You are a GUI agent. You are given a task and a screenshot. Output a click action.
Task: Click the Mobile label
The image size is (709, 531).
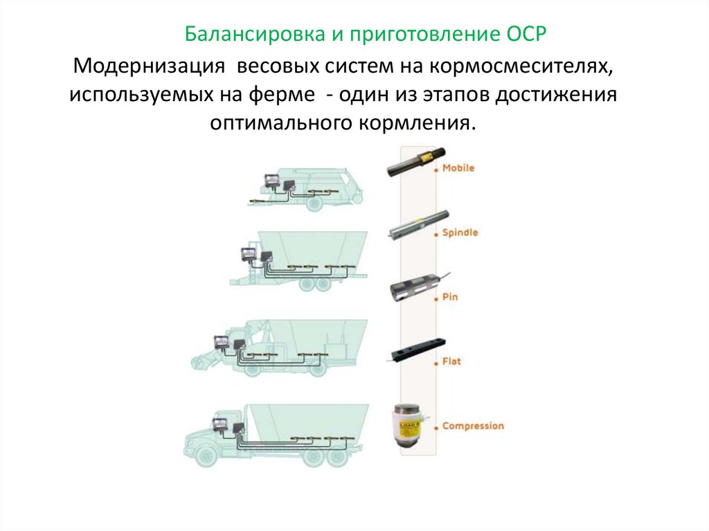pos(458,168)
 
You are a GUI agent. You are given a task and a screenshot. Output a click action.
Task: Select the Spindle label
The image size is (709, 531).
pos(460,233)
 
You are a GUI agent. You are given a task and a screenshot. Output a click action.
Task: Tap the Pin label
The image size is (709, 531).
pos(450,298)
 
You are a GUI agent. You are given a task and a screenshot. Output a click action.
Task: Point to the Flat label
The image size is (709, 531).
pos(451,361)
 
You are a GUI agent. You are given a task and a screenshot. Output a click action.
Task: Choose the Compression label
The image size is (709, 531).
pos(473,426)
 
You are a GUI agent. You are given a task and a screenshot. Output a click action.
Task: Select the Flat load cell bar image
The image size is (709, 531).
pos(416,350)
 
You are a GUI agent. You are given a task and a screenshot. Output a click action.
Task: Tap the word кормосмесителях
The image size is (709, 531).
pos(520,67)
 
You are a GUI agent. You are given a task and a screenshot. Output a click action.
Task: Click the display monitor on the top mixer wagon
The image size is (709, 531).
pos(269,181)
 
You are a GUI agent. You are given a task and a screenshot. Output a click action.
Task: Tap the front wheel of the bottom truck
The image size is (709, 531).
pos(206,458)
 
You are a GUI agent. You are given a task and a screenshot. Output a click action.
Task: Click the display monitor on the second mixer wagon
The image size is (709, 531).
pos(248,254)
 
